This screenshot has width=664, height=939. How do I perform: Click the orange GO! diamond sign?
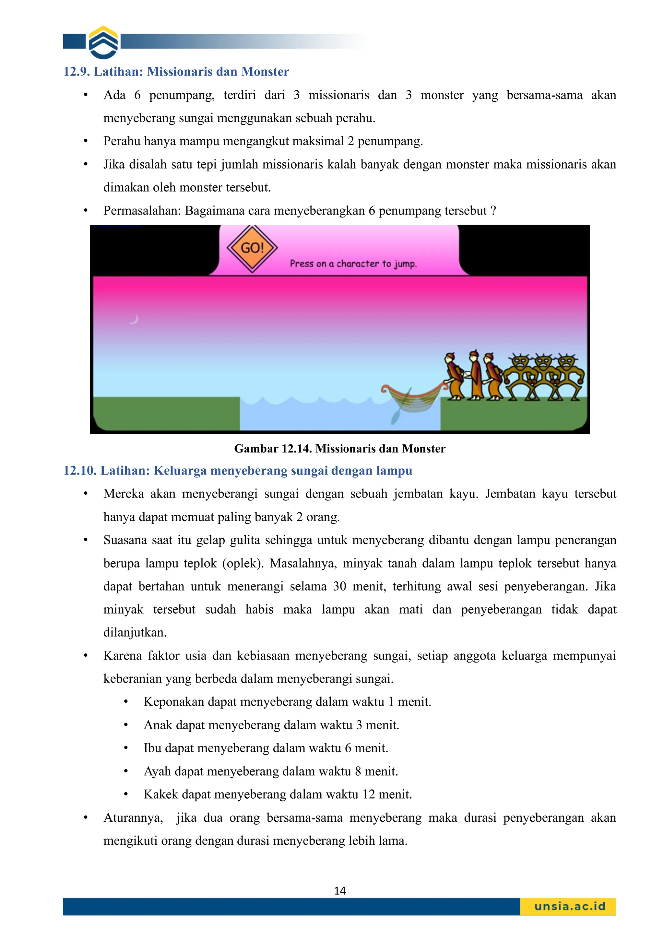tap(252, 248)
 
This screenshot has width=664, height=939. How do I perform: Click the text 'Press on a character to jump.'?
tap(353, 264)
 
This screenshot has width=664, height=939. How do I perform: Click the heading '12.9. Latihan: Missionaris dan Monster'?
tap(176, 72)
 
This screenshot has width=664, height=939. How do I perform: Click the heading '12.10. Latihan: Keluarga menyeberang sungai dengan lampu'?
tap(237, 470)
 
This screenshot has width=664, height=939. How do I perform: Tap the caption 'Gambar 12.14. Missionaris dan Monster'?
tap(339, 449)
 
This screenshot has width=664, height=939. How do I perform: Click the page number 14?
tap(339, 891)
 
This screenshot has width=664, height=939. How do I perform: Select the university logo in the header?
tap(103, 42)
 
